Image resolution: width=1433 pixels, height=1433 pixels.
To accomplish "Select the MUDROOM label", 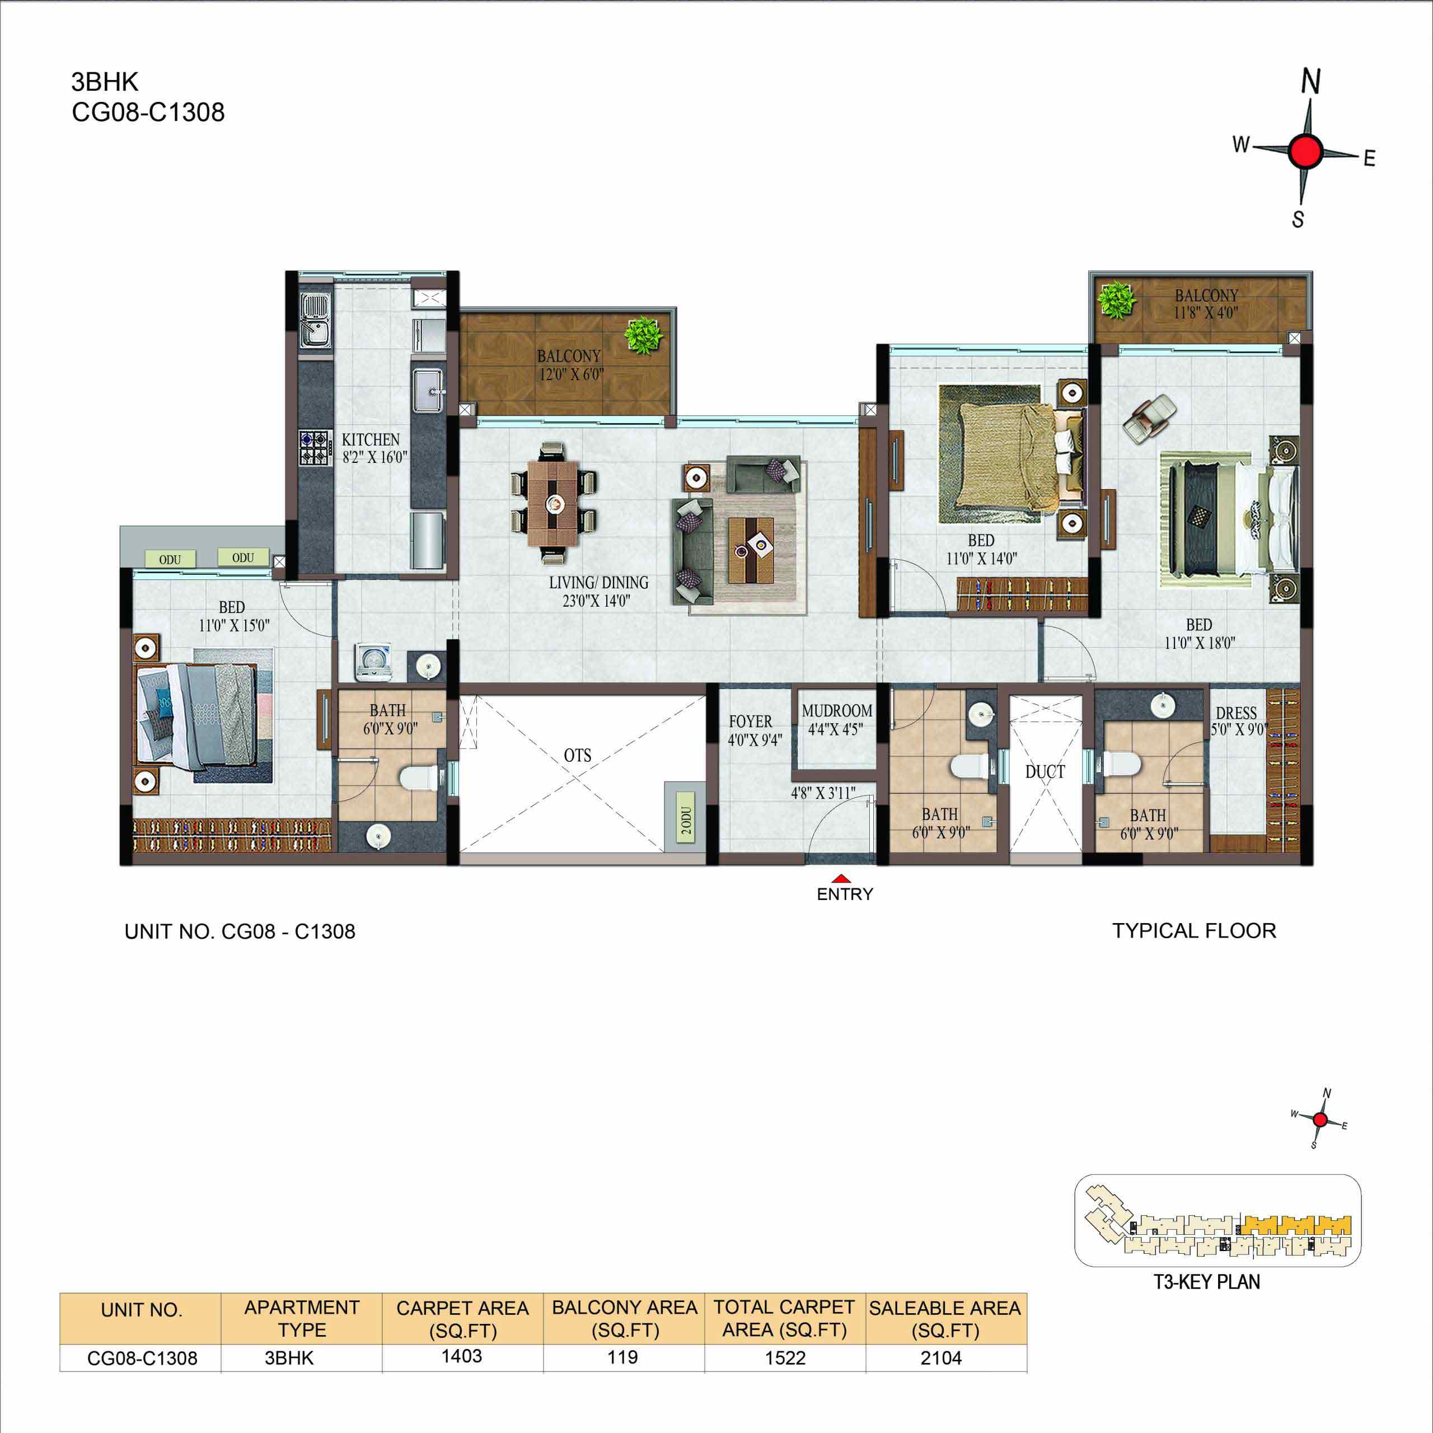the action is [837, 710].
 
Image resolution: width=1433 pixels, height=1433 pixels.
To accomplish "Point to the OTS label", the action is [578, 756].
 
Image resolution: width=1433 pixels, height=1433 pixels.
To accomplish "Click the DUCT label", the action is [1045, 772].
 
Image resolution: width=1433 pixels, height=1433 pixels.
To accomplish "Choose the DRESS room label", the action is [1236, 714].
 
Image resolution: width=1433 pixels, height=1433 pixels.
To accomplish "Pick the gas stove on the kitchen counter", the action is [313, 447].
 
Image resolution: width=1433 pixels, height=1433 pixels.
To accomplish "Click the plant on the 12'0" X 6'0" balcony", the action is [643, 335].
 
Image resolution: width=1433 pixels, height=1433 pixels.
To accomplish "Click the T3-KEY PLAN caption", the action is [1207, 1282].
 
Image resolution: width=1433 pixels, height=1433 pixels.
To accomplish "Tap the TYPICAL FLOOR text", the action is [1194, 931].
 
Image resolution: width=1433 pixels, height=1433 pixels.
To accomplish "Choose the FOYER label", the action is [750, 722].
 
